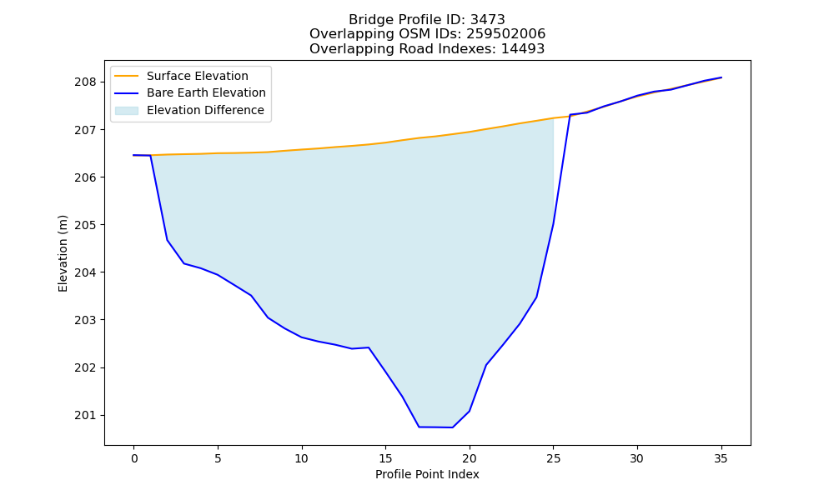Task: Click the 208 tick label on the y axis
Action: [x=86, y=82]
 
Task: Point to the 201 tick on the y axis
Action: [x=86, y=416]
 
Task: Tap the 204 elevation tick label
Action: [x=86, y=272]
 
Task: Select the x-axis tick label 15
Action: [x=385, y=458]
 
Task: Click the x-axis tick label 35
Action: [x=721, y=458]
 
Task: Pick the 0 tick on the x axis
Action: [x=134, y=458]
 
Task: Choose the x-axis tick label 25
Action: [x=553, y=458]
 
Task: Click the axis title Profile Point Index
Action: [x=427, y=474]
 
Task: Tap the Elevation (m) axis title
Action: [x=63, y=253]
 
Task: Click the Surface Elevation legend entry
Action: [x=198, y=76]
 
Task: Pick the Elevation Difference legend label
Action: [x=205, y=110]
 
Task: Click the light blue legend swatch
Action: [x=127, y=111]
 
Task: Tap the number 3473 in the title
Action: [x=488, y=20]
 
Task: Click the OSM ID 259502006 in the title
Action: [x=506, y=34]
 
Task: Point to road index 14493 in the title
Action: [x=523, y=49]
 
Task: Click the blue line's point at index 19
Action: [x=452, y=427]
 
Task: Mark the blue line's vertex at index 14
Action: [x=369, y=347]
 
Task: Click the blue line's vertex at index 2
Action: [x=167, y=240]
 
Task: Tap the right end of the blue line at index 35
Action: [x=721, y=77]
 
